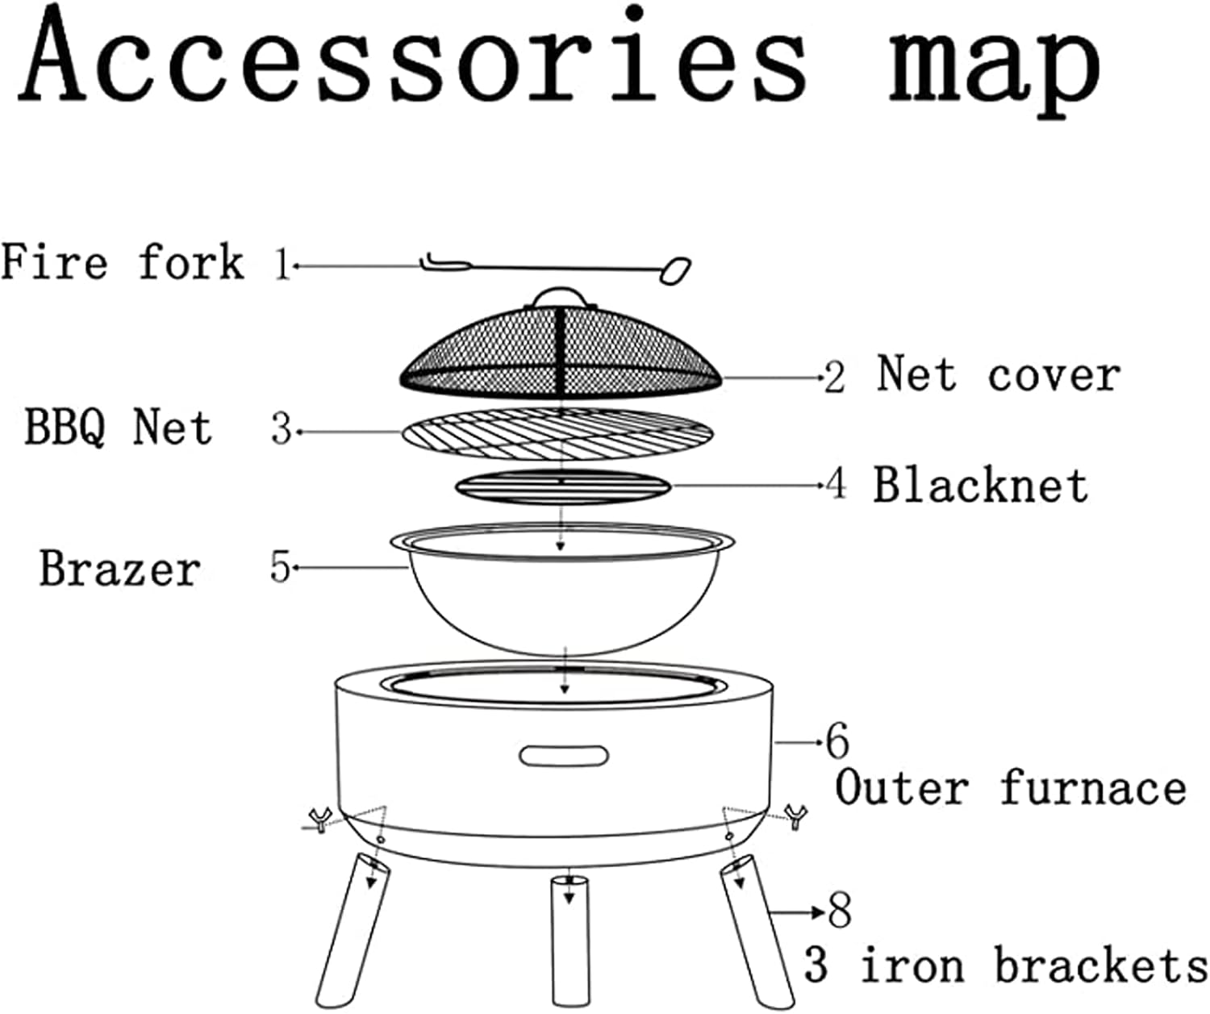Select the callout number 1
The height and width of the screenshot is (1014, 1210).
click(x=282, y=265)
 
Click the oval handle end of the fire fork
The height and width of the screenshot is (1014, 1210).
click(x=675, y=270)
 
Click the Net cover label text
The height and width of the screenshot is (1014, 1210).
click(x=999, y=374)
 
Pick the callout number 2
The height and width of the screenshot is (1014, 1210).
click(x=834, y=378)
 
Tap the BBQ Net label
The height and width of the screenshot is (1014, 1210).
click(x=118, y=427)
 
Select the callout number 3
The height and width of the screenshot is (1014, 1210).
click(x=281, y=429)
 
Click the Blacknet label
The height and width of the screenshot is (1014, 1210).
click(x=980, y=486)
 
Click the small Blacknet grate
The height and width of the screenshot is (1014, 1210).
click(x=562, y=487)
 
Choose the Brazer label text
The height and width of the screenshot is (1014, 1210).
click(x=119, y=569)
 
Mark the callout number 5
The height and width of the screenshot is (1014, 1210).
click(x=280, y=568)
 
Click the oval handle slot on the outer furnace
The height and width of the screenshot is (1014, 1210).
click(x=564, y=756)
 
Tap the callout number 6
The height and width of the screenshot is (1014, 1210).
click(x=837, y=741)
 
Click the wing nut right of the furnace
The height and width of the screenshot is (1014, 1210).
click(x=797, y=816)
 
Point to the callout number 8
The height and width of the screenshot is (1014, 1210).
click(x=840, y=912)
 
